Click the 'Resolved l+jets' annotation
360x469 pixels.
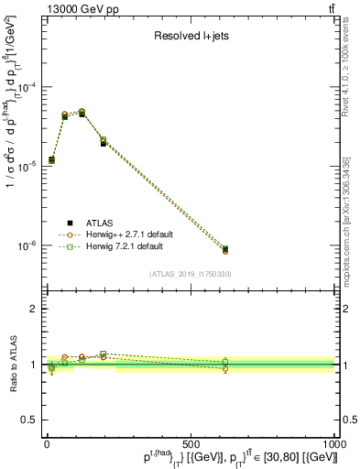tap(190, 38)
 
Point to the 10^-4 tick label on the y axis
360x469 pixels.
tap(26, 88)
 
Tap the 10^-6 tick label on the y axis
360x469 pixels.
tap(26, 245)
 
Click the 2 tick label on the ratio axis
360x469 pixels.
tap(33, 309)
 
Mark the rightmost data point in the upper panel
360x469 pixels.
tap(225, 249)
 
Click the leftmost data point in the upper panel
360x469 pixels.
tap(51, 160)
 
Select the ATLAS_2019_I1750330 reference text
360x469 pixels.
tap(190, 273)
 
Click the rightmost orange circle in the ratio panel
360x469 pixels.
tap(225, 369)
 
